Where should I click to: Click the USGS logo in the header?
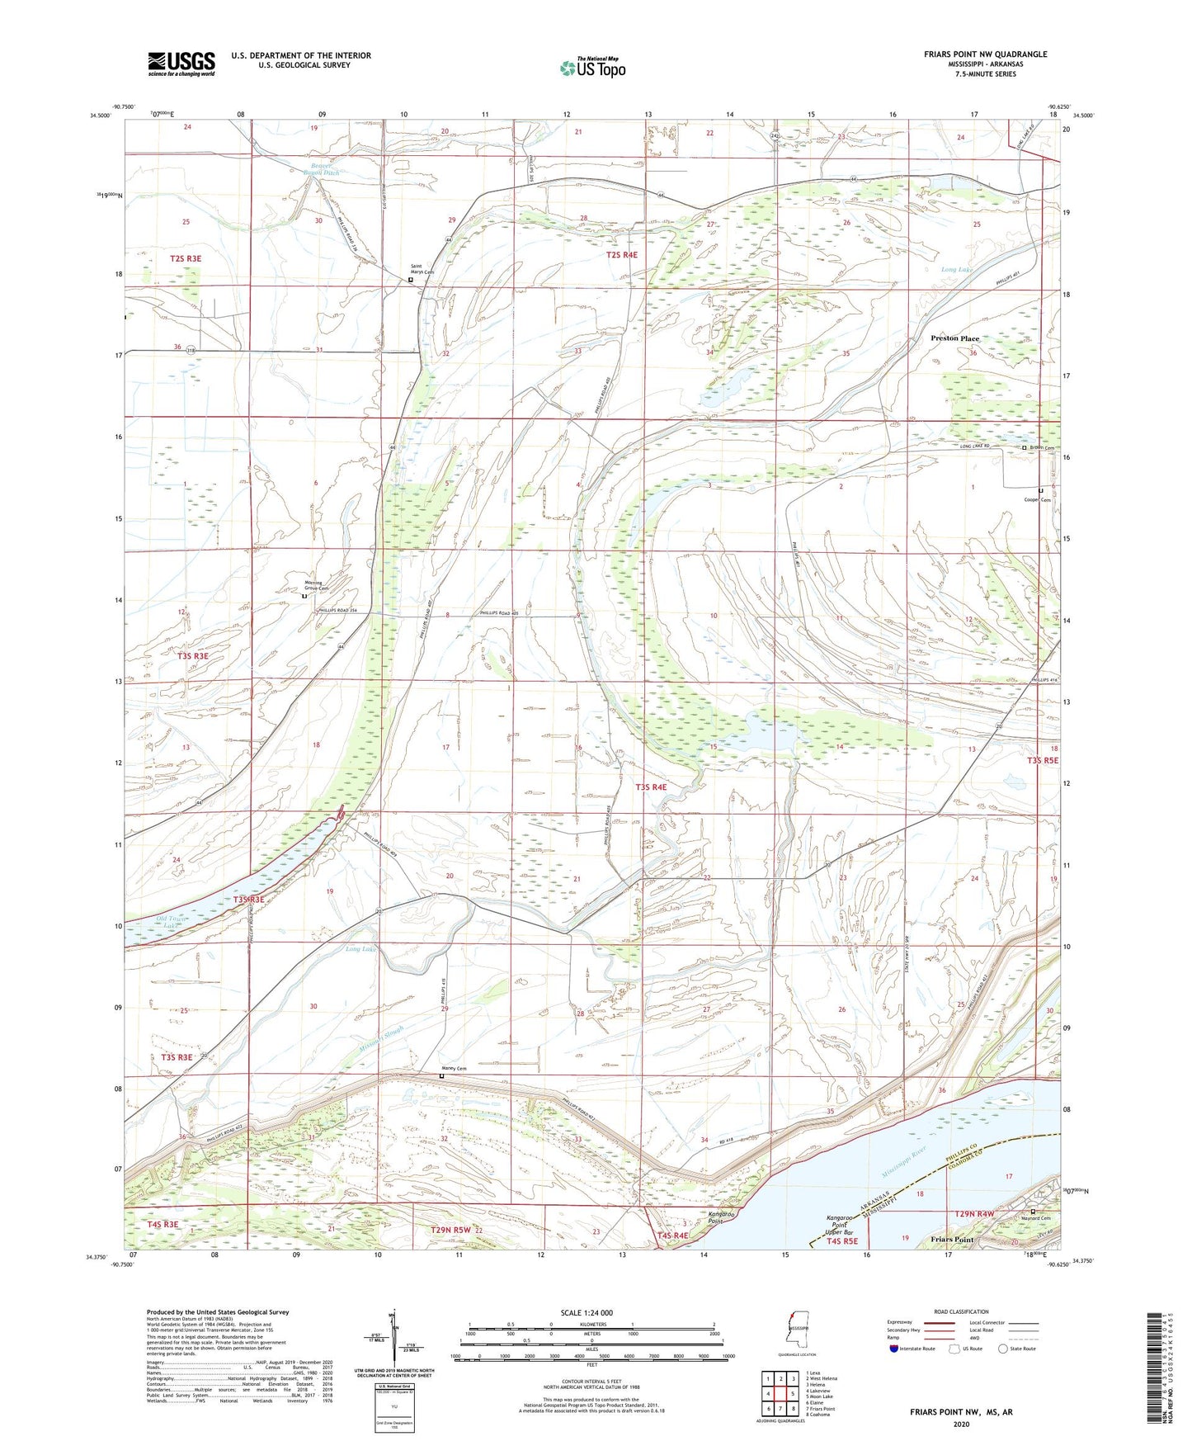pos(181,63)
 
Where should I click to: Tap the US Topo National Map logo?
pos(592,68)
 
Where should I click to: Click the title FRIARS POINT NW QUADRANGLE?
pos(985,54)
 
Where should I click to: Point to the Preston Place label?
pos(954,338)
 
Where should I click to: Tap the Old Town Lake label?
pos(172,922)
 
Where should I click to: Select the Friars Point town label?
pos(952,1240)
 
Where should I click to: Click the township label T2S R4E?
pos(623,256)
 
